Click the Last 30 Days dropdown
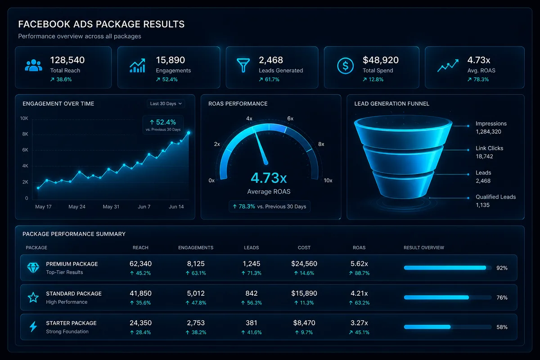(166, 103)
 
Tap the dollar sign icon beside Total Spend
(345, 66)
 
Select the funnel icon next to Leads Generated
(243, 65)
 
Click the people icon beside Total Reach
(33, 65)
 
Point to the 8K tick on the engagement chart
(25, 134)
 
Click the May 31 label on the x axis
(111, 207)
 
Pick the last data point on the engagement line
(189, 133)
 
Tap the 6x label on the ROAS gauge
(290, 118)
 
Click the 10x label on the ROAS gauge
(328, 180)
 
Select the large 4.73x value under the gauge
(269, 178)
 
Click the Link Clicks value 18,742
(484, 157)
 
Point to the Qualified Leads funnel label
(495, 197)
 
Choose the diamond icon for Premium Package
(33, 268)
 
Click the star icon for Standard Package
(33, 297)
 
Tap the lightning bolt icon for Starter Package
(33, 327)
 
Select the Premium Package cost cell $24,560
(304, 264)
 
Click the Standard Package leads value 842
(251, 293)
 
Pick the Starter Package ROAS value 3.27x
(359, 323)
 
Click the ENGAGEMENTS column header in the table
(196, 247)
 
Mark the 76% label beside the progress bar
(502, 297)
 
